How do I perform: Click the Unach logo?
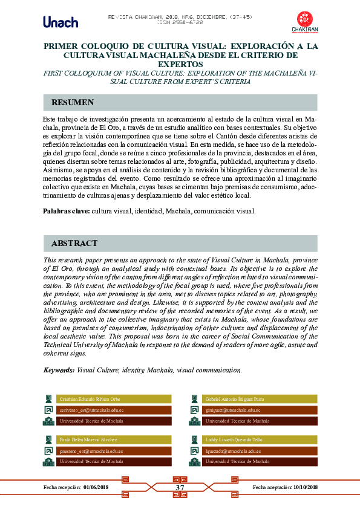[61, 22]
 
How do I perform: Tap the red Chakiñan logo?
[306, 22]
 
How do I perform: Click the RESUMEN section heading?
[73, 102]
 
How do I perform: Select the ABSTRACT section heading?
[74, 244]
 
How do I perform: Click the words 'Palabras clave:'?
[67, 212]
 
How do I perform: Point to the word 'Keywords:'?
[59, 370]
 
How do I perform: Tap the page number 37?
[180, 488]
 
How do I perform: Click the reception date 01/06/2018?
[96, 487]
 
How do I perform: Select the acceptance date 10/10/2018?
[305, 487]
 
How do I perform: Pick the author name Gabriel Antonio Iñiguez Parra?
[235, 399]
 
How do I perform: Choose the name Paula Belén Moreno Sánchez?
[88, 439]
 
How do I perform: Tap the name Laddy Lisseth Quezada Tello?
[234, 439]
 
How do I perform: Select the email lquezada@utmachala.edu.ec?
[233, 450]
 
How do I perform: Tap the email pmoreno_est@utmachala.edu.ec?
[91, 450]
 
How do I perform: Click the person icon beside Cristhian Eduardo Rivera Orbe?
[48, 399]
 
